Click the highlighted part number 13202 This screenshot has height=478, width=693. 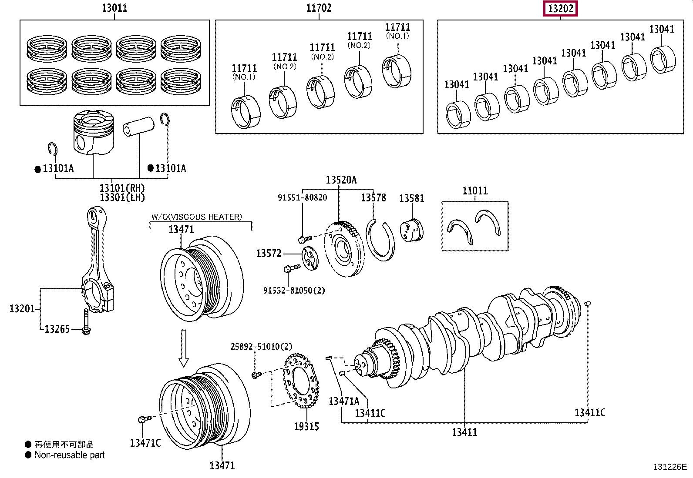pyautogui.click(x=561, y=8)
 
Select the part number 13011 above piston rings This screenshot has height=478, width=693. pyautogui.click(x=114, y=7)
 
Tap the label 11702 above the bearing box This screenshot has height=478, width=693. pyautogui.click(x=319, y=7)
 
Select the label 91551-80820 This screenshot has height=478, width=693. pyautogui.click(x=302, y=197)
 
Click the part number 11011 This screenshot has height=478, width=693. pyautogui.click(x=475, y=191)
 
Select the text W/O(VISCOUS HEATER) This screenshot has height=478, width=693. pyautogui.click(x=196, y=217)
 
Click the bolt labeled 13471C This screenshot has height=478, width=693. pyautogui.click(x=144, y=419)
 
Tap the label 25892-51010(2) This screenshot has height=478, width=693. pyautogui.click(x=261, y=346)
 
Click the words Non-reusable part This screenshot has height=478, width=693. pyautogui.click(x=70, y=455)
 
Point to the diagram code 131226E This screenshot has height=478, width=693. pyautogui.click(x=669, y=467)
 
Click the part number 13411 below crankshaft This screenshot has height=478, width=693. pyautogui.click(x=464, y=432)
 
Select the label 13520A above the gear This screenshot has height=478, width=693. pyautogui.click(x=341, y=180)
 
